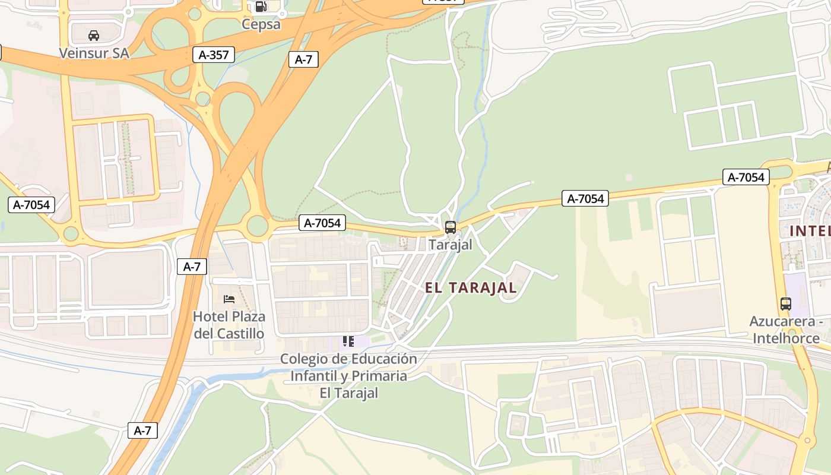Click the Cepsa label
pyautogui.click(x=261, y=24)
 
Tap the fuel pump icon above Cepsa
pyautogui.click(x=261, y=7)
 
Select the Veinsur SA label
pyautogui.click(x=94, y=53)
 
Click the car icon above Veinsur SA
pyautogui.click(x=94, y=36)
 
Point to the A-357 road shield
pyautogui.click(x=214, y=55)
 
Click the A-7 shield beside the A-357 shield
pyautogui.click(x=303, y=59)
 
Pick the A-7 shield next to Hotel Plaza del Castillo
pyautogui.click(x=192, y=267)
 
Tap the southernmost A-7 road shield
pyautogui.click(x=142, y=430)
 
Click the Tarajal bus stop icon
pyautogui.click(x=451, y=227)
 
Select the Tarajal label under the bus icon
pyautogui.click(x=451, y=245)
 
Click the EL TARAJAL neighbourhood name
pyautogui.click(x=471, y=288)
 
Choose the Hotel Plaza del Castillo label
pyautogui.click(x=229, y=325)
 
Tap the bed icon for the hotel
pyautogui.click(x=229, y=299)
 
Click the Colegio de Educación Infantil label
pyautogui.click(x=348, y=376)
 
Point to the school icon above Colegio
pyautogui.click(x=348, y=341)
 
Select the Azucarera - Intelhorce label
pyautogui.click(x=786, y=330)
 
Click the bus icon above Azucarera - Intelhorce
pyautogui.click(x=786, y=304)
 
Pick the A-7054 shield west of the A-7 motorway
pyautogui.click(x=31, y=205)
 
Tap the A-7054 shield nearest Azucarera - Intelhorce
pyautogui.click(x=746, y=177)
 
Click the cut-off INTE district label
pyautogui.click(x=810, y=231)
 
